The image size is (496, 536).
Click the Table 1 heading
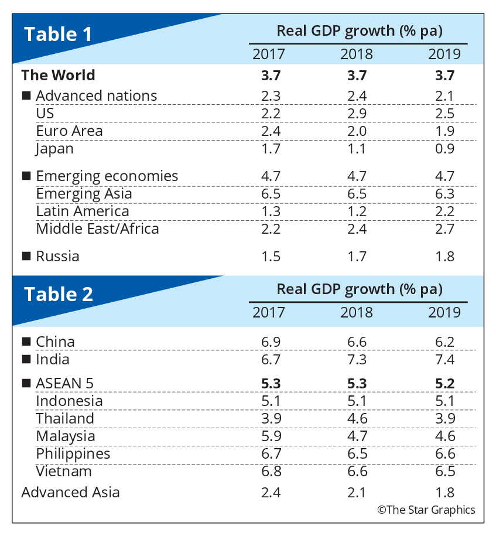58,35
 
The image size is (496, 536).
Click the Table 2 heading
59,293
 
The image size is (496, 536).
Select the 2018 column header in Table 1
356,54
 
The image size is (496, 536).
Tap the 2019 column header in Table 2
444,312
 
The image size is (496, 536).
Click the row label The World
58,75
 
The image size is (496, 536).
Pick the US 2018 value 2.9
356,113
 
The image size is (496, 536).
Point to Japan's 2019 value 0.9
444,148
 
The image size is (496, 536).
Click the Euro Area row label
69,131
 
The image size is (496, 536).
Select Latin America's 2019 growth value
444,211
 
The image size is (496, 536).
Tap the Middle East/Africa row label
97,228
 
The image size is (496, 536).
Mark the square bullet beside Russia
26,257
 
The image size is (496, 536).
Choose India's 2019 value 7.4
444,359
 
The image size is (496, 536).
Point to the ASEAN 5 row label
64,383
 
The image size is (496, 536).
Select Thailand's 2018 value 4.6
356,418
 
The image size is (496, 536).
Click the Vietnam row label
63,471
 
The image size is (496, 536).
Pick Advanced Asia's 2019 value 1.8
444,492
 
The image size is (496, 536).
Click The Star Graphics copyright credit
426,510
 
